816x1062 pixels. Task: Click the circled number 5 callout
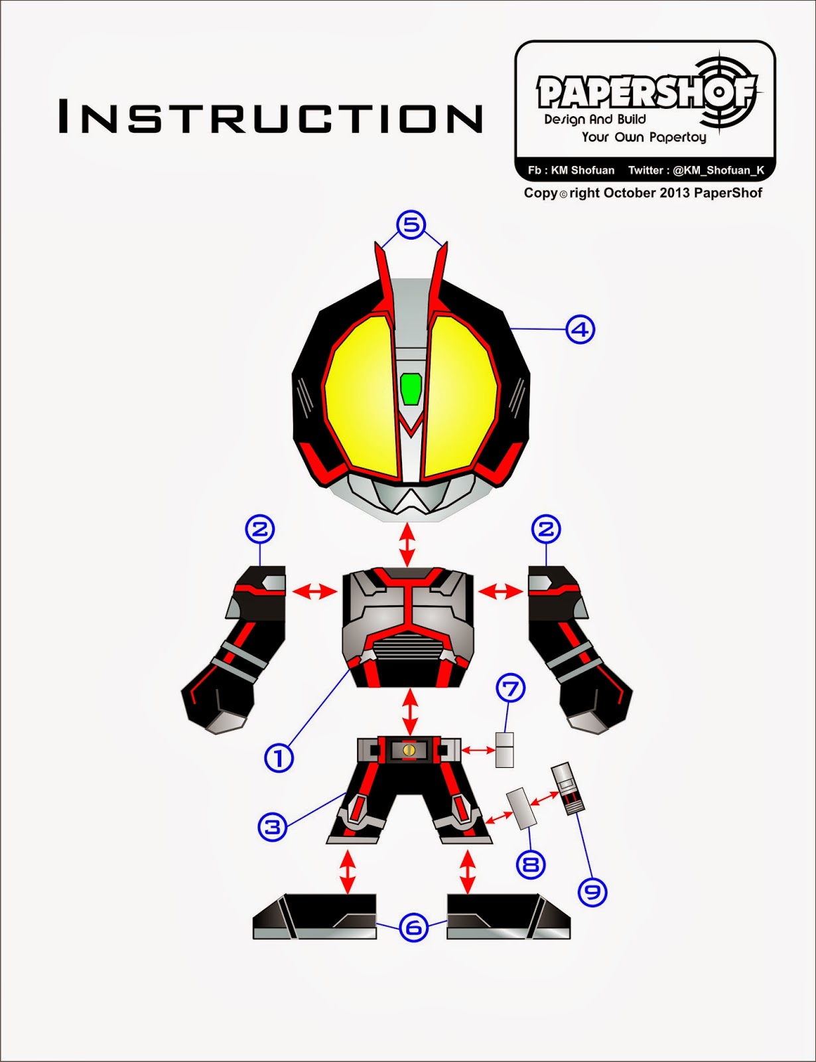point(411,225)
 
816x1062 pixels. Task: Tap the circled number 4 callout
point(580,329)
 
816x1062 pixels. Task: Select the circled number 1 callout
point(279,757)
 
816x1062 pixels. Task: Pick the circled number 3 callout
point(273,827)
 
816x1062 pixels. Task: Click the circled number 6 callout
point(413,927)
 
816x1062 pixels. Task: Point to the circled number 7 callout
point(511,689)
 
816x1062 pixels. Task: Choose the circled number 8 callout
point(531,864)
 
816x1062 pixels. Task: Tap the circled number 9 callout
point(592,891)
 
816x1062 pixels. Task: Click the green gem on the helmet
point(411,388)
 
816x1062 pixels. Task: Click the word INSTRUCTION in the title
point(271,117)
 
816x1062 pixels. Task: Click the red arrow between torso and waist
point(411,712)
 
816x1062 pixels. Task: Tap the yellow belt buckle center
point(409,750)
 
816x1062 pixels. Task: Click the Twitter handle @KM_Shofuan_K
point(718,171)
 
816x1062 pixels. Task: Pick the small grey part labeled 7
point(505,750)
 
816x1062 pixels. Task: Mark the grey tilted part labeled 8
point(521,808)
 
